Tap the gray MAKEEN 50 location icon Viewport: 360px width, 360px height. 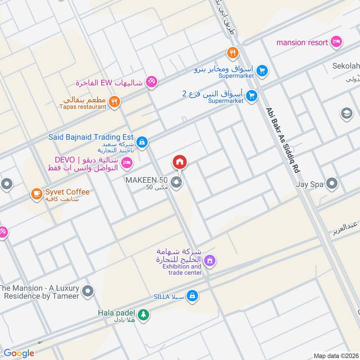[177, 183]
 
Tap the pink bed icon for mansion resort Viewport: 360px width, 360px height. [336, 43]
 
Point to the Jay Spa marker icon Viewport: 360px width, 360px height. [332, 184]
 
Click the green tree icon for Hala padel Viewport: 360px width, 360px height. [143, 315]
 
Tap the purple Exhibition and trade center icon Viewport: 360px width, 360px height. [209, 260]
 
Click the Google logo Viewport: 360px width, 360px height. [19, 353]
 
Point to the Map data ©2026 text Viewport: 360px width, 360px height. [336, 355]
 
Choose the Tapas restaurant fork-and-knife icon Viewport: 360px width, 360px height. [114, 102]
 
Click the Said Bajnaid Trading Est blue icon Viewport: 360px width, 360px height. [142, 142]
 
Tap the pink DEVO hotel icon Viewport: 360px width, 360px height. [127, 162]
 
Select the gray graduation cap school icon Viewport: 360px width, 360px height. [346, 112]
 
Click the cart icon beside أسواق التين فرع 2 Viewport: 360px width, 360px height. [252, 95]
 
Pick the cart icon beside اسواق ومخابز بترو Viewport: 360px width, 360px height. [262, 70]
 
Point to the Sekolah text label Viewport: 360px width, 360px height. [346, 67]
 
